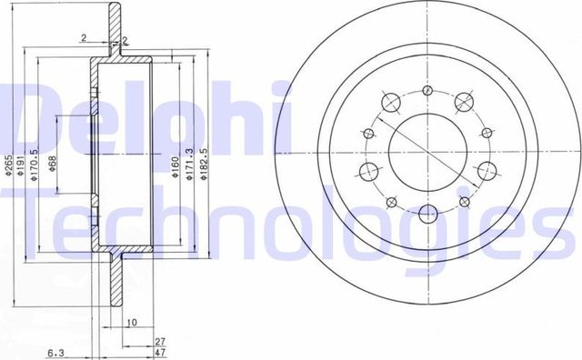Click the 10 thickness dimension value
point(132,322)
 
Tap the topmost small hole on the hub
point(426,91)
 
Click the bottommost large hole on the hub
point(426,216)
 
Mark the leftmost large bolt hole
point(368,171)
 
